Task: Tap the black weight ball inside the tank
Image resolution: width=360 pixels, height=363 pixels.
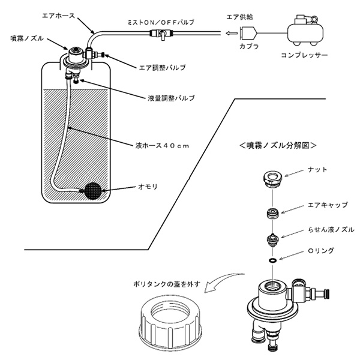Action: pyautogui.click(x=94, y=190)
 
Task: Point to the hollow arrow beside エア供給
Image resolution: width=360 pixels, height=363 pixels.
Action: pyautogui.click(x=230, y=34)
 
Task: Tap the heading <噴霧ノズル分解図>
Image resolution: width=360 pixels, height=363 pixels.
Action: pyautogui.click(x=277, y=145)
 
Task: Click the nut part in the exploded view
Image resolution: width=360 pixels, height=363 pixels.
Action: pyautogui.click(x=272, y=178)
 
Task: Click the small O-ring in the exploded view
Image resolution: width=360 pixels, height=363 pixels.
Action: pyautogui.click(x=272, y=261)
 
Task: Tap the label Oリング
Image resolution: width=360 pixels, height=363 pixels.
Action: pyautogui.click(x=321, y=251)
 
